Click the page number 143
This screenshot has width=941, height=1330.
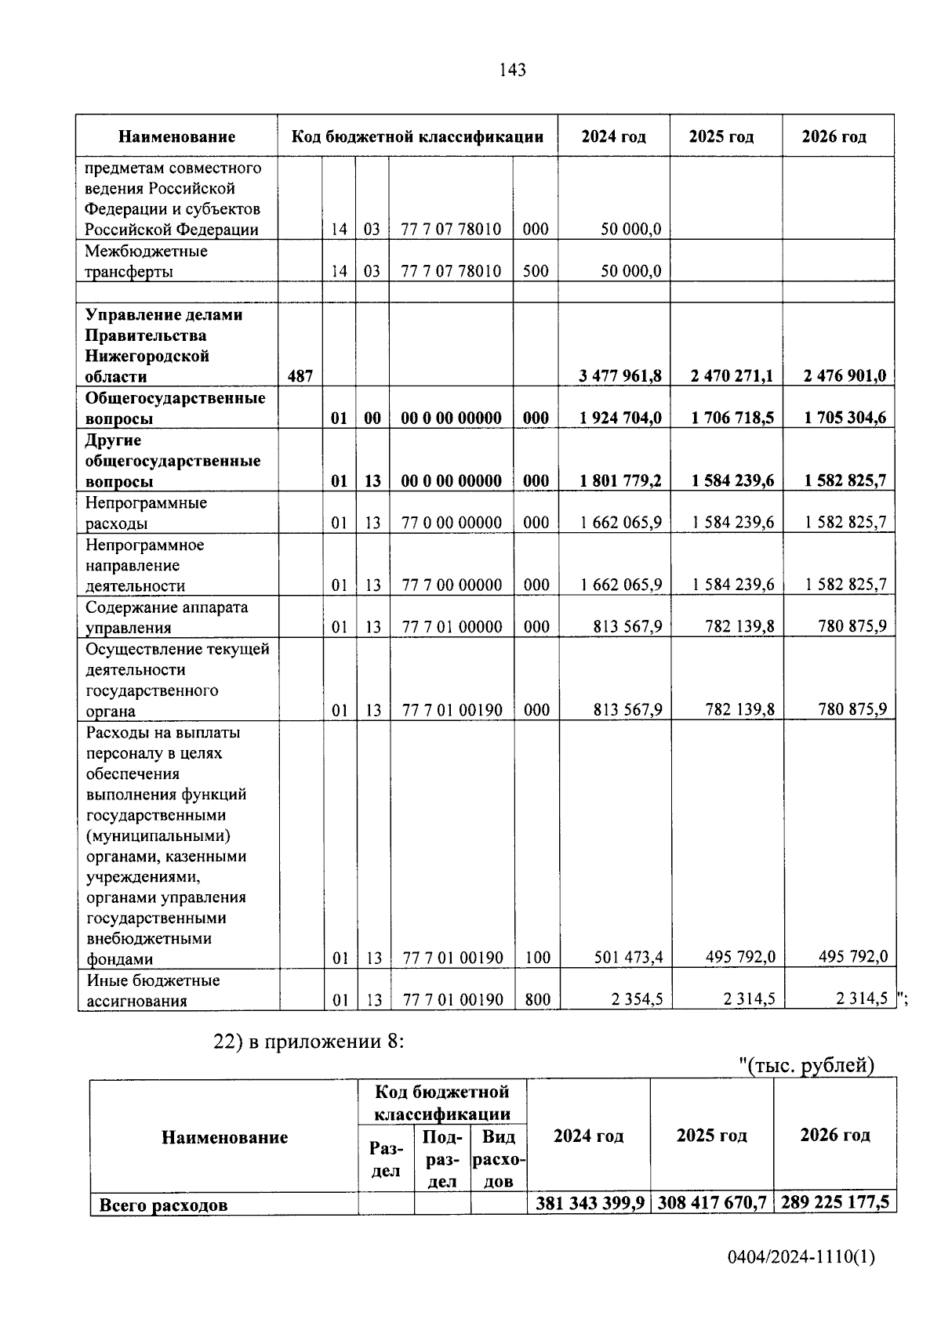(x=512, y=70)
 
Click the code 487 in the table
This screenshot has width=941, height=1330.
(x=300, y=376)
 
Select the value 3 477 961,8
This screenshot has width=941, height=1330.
(x=620, y=376)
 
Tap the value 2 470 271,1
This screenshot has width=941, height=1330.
(x=732, y=376)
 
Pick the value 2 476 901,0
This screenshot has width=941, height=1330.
(x=845, y=376)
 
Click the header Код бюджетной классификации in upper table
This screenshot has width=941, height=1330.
(x=417, y=136)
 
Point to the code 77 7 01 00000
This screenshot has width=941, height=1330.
(x=452, y=627)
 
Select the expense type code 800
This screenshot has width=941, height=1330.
(x=536, y=1000)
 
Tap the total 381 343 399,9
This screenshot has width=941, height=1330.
(x=590, y=1203)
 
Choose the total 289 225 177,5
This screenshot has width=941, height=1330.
(x=835, y=1202)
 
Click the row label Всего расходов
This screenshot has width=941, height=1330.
(x=163, y=1205)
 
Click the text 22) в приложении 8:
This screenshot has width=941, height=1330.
(x=309, y=1042)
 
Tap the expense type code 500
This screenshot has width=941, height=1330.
(x=536, y=271)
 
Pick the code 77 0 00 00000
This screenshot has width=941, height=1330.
(x=452, y=523)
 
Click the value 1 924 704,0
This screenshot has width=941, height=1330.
(x=620, y=419)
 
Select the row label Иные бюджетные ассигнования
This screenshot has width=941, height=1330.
(x=153, y=990)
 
